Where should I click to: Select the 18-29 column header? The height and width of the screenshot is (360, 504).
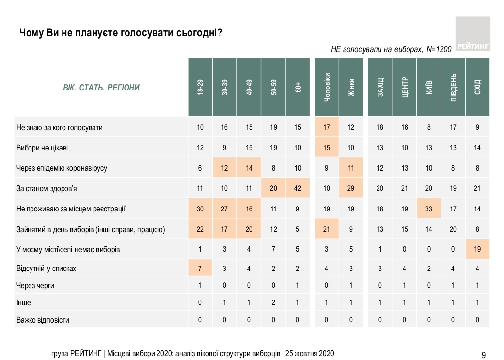(x=200, y=87)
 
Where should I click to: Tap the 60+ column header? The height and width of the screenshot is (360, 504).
(x=298, y=87)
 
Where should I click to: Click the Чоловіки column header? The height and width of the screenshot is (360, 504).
(x=327, y=87)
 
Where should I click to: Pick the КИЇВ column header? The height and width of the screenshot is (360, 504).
(x=429, y=87)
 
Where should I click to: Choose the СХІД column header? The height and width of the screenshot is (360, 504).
(x=477, y=87)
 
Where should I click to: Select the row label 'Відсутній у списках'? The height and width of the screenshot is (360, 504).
(x=46, y=269)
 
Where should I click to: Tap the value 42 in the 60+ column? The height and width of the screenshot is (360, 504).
(x=298, y=188)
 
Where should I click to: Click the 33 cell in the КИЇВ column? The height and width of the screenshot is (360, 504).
(x=429, y=209)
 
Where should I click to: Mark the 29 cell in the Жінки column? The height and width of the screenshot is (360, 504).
(x=351, y=188)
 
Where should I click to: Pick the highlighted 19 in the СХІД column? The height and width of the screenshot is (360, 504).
(x=477, y=249)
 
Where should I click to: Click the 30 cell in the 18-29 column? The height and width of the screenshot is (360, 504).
(x=200, y=209)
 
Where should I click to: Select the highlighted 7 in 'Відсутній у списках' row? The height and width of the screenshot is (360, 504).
(x=200, y=269)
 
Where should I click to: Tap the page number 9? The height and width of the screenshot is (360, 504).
(x=484, y=355)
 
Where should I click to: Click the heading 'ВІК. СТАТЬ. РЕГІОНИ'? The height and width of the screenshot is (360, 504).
(x=101, y=88)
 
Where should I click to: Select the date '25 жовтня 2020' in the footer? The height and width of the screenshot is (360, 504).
(x=310, y=354)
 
